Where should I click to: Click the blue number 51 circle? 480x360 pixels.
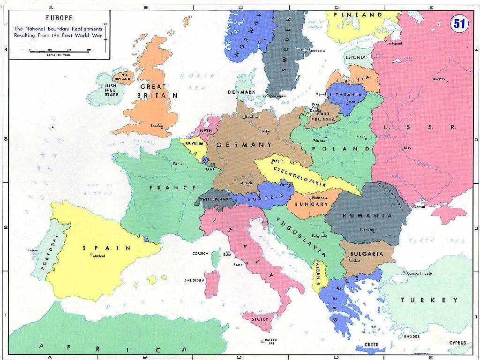(x=459, y=23)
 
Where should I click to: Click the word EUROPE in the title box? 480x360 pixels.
(x=59, y=18)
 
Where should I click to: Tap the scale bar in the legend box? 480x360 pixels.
(x=60, y=52)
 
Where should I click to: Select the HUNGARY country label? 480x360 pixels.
(x=311, y=204)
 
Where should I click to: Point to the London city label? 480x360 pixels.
(x=157, y=126)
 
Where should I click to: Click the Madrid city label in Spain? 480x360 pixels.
(x=99, y=256)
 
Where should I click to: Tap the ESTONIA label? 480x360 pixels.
(x=355, y=57)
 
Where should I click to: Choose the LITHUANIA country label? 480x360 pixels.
(x=345, y=94)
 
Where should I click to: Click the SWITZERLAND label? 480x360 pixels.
(x=214, y=199)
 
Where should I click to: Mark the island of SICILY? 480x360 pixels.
(x=260, y=319)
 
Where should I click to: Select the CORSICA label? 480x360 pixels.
(x=200, y=254)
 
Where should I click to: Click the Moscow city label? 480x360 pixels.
(x=439, y=79)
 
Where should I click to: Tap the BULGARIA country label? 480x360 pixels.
(x=366, y=254)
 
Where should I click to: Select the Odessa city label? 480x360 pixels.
(x=419, y=206)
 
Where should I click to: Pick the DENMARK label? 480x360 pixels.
(x=241, y=92)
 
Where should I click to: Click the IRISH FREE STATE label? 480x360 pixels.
(x=111, y=90)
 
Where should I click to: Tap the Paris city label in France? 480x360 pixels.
(x=177, y=164)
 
